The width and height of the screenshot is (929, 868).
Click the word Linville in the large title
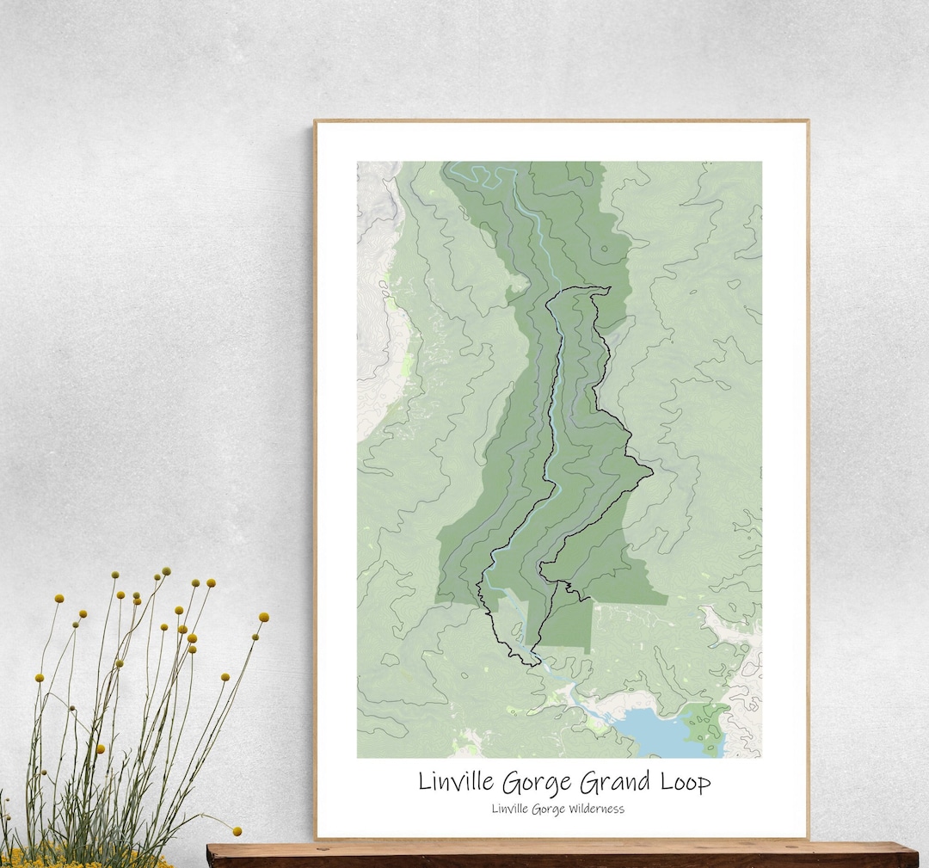pyautogui.click(x=458, y=783)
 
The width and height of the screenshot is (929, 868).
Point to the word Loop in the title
pyautogui.click(x=683, y=784)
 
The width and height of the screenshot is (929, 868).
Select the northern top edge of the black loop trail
pyautogui.click(x=594, y=289)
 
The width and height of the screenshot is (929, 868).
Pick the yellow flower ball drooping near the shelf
pyautogui.click(x=236, y=831)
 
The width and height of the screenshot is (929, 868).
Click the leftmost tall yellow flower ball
pyautogui.click(x=58, y=598)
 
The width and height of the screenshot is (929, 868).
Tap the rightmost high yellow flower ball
pyautogui.click(x=263, y=617)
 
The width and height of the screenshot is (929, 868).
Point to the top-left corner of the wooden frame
pyautogui.click(x=316, y=121)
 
